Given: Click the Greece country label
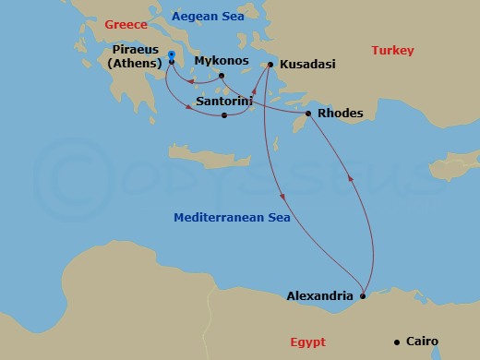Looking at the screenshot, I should [126, 25].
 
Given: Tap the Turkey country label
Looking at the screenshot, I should [392, 51].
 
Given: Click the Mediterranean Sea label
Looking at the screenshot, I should [233, 219].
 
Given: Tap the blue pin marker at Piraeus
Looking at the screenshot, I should [172, 56].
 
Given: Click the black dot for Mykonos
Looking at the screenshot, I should [222, 76].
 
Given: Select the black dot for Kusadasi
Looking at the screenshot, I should [270, 66].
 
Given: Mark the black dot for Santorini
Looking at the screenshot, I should [225, 115].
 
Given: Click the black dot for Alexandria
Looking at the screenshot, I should [363, 296].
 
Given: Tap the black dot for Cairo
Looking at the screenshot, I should [396, 342].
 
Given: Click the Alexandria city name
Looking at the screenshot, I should [319, 296].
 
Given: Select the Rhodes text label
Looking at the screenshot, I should [340, 114].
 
